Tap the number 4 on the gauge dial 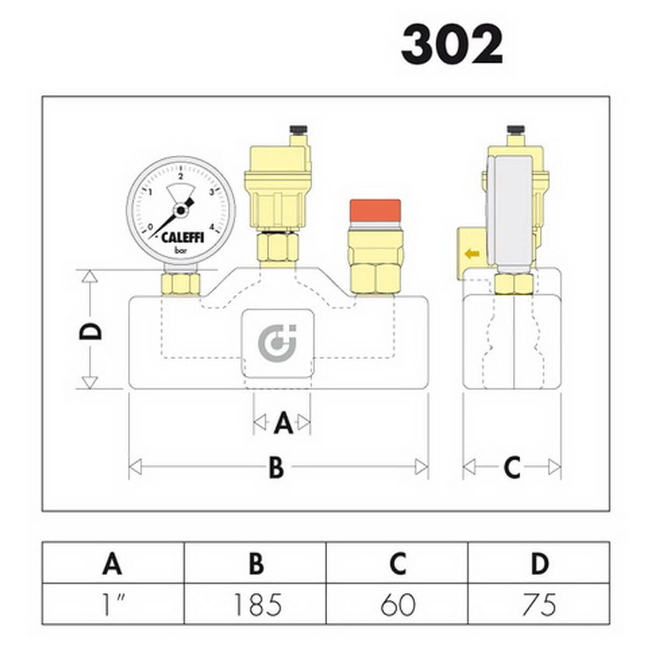pos(212,226)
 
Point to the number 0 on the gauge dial pos(150,226)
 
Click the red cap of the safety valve pos(375,210)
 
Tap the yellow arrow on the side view pos(472,254)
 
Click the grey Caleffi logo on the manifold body pos(277,342)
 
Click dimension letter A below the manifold pos(284,422)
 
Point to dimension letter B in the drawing pos(277,467)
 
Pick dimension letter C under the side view pos(512,467)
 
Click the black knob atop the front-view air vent pos(299,129)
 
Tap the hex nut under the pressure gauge pos(181,284)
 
